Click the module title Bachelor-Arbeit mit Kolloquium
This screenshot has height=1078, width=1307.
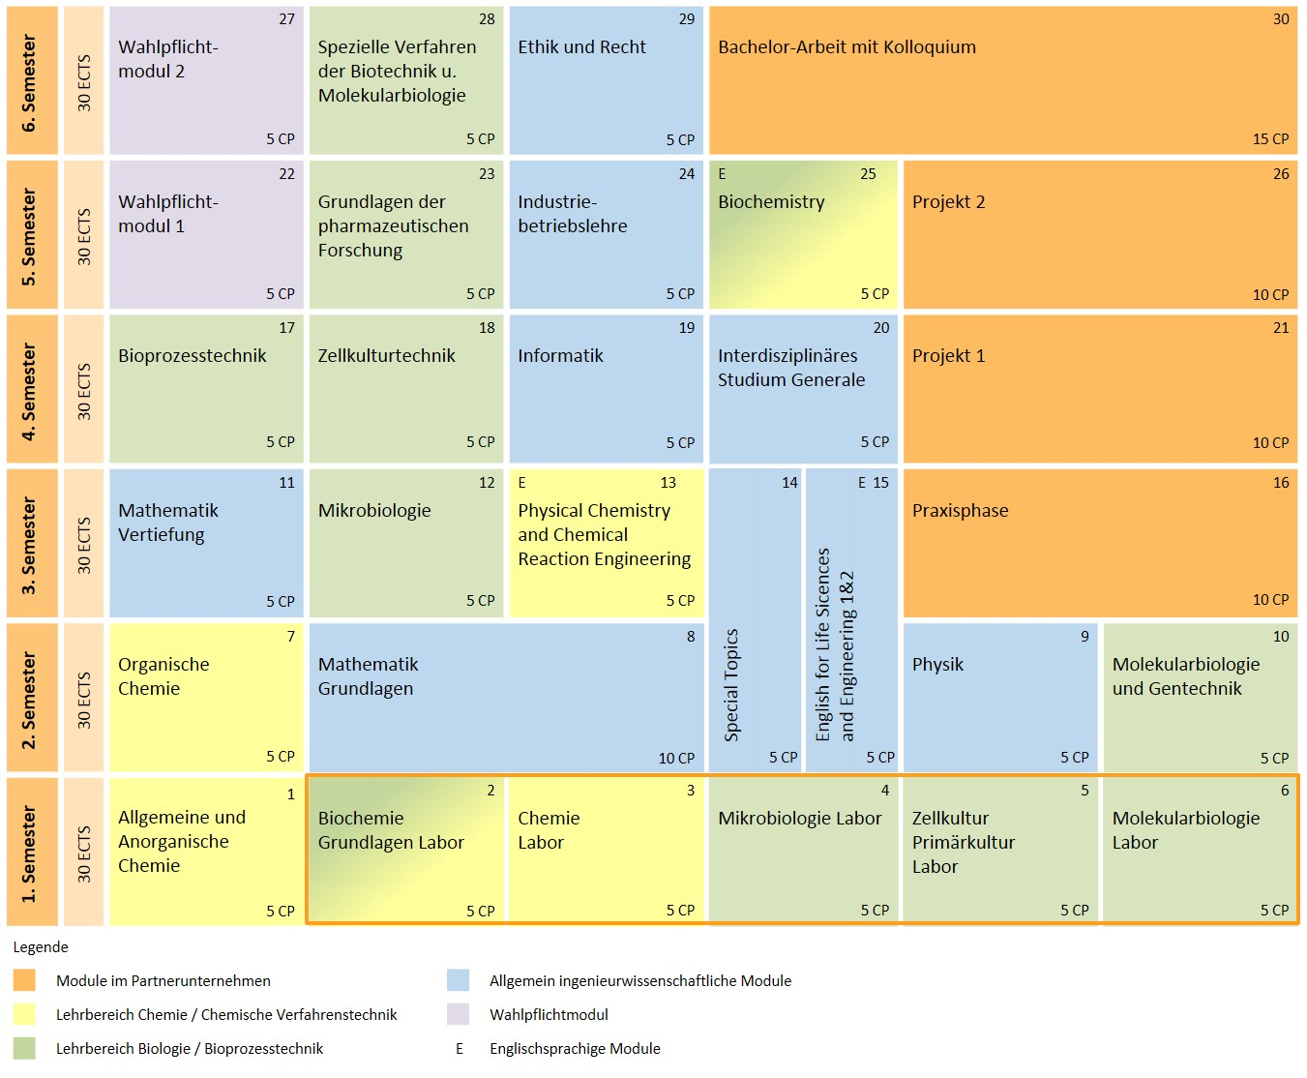(847, 47)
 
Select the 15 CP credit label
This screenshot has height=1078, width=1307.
(1270, 139)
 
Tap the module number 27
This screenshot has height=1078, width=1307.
(286, 19)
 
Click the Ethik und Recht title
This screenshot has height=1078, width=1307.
(581, 47)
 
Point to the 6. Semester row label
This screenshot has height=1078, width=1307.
(29, 82)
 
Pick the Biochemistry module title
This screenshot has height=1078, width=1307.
(771, 202)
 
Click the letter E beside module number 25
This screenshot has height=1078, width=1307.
(722, 174)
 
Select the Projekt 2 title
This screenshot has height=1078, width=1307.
(948, 202)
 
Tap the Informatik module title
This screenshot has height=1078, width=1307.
(560, 355)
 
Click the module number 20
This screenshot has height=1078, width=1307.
(880, 328)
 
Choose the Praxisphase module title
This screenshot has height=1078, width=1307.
(961, 511)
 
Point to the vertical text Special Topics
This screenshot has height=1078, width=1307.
(731, 685)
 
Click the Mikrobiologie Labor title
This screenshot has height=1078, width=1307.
(799, 819)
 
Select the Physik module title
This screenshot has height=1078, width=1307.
(937, 665)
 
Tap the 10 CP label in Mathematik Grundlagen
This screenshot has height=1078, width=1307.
(676, 758)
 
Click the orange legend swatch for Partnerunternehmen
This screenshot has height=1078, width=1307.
(24, 980)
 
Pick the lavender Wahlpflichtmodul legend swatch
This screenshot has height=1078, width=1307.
(459, 1014)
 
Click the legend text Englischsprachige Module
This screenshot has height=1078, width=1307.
(575, 1049)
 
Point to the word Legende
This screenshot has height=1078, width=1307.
(41, 947)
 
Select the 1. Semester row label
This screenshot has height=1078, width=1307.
(29, 853)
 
